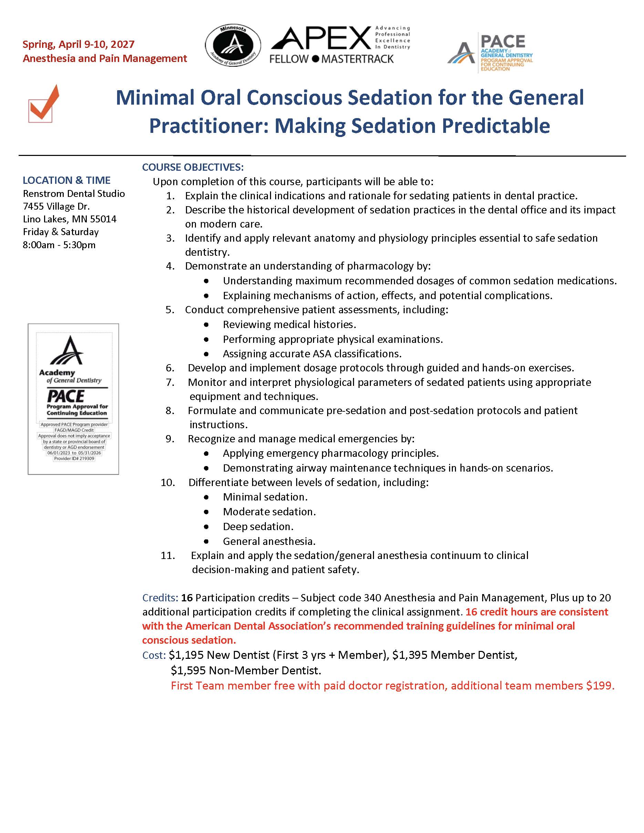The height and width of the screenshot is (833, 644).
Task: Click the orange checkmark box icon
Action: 43,104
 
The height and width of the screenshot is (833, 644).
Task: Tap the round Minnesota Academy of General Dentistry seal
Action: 233,46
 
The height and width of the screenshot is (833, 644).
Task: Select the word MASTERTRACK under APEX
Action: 357,59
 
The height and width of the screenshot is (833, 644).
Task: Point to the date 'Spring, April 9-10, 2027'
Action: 79,44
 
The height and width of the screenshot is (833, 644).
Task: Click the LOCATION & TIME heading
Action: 66,180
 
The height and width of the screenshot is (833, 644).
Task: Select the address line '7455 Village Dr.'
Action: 56,206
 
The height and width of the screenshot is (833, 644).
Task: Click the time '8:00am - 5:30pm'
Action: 59,244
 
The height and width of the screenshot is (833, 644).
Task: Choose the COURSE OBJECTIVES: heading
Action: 193,167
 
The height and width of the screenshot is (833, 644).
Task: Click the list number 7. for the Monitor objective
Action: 170,382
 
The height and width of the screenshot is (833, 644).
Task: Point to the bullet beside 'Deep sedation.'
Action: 206,527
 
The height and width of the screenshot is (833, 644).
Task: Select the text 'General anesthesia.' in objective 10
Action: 269,541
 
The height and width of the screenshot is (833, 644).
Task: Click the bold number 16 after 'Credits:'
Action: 187,598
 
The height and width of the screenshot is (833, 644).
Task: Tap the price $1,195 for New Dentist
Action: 186,655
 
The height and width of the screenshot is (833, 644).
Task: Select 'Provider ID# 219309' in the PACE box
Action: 74,458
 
